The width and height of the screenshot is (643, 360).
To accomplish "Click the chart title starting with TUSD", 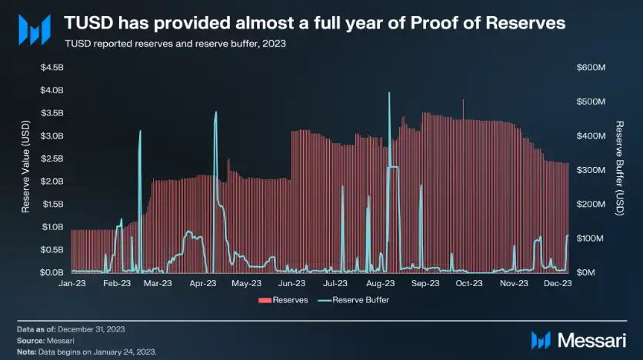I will tap(314, 24).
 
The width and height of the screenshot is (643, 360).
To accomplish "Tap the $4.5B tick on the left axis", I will tap(52, 68).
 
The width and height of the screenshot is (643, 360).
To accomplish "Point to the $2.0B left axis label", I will tap(52, 182).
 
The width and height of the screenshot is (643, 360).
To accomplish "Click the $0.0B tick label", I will tap(52, 272).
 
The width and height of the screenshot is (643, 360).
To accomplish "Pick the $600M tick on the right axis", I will tap(591, 68).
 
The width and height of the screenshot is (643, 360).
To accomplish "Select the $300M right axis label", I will tap(591, 170).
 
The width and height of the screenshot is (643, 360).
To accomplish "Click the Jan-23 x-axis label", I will tap(72, 284).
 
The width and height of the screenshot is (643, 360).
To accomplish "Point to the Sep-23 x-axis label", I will tap(425, 284).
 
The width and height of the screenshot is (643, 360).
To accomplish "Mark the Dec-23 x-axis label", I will tap(557, 284).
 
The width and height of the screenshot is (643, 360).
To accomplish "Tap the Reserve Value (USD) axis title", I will tap(25, 169).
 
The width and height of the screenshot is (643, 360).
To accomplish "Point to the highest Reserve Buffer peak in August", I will tap(389, 93).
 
